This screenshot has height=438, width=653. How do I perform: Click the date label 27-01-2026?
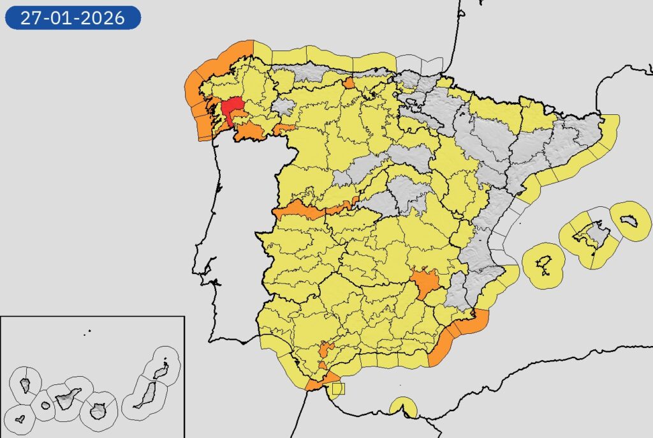pyautogui.click(x=72, y=17)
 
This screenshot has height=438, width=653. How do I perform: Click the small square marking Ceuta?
pyautogui.click(x=337, y=387)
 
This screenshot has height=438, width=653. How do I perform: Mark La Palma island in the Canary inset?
pyautogui.click(x=26, y=385)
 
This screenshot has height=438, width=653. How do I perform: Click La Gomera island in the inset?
pyautogui.click(x=45, y=405)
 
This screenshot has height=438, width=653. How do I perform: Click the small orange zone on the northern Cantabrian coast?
pyautogui.click(x=349, y=83)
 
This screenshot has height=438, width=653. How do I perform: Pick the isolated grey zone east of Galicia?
pyautogui.click(x=284, y=107)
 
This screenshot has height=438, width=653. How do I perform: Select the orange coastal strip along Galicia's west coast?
pyautogui.click(x=194, y=96)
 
